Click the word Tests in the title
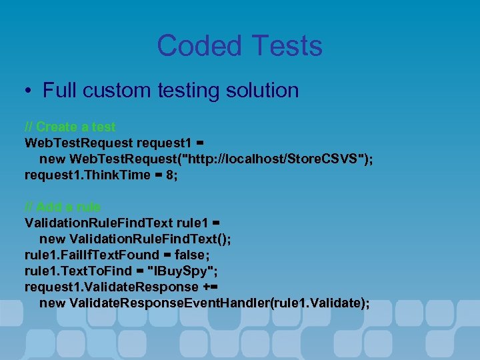pyautogui.click(x=285, y=46)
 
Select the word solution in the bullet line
pyautogui.click(x=261, y=91)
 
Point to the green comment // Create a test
pyautogui.click(x=70, y=127)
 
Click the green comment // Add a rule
pyautogui.click(x=63, y=207)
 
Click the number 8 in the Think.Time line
pyautogui.click(x=171, y=175)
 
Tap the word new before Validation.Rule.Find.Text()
pyautogui.click(x=52, y=239)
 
